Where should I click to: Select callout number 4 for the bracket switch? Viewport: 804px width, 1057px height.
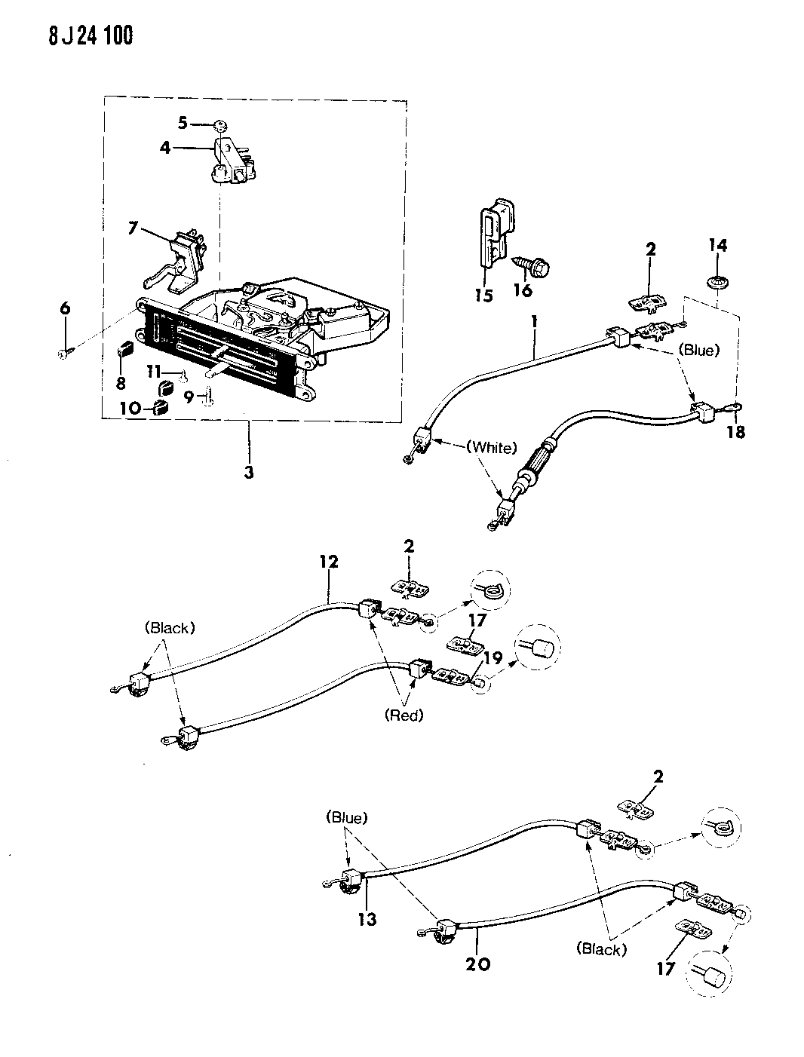point(165,148)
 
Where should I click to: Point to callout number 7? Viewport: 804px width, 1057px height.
point(133,227)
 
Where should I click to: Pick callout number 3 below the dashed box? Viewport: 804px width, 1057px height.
point(248,473)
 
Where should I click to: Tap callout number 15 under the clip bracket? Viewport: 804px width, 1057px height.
point(483,296)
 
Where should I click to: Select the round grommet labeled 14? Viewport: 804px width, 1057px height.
point(717,285)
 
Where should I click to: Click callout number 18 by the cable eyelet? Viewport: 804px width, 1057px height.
point(736,433)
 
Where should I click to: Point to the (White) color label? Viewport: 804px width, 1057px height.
point(491,448)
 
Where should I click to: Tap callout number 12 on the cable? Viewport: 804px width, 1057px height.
point(329,562)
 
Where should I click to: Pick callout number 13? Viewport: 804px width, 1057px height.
point(367,919)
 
